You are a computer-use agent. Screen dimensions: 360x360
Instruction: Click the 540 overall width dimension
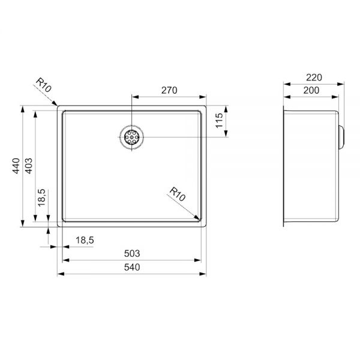tap(132, 267)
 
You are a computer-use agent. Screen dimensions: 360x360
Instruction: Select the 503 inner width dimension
tap(132, 253)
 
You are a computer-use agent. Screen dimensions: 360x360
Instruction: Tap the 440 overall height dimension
tap(16, 166)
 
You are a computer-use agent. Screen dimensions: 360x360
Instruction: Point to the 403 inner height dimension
tap(28, 166)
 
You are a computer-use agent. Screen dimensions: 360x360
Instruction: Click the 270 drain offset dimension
tap(169, 90)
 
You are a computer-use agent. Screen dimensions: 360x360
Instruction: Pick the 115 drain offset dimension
tap(219, 121)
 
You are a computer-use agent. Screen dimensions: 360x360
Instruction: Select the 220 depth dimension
tap(314, 77)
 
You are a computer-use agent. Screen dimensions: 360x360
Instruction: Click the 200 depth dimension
tap(311, 91)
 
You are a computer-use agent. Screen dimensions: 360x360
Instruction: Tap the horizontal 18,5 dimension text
tap(85, 240)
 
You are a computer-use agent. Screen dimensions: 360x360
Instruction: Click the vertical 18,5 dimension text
tap(42, 197)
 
